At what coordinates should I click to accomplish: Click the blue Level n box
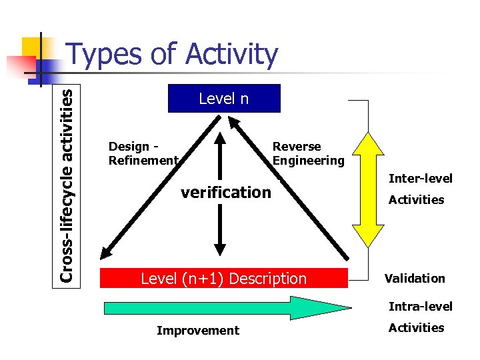pos(223,99)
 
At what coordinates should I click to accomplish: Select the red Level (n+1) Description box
pos(223,278)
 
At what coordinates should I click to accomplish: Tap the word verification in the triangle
pos(226,193)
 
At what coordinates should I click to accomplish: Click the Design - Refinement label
pos(143,153)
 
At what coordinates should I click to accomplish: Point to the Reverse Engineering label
pos(308,153)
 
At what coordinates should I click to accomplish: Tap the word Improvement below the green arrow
pos(197,331)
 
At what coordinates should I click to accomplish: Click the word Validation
pos(414,278)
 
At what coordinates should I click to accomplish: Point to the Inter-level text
pos(420,178)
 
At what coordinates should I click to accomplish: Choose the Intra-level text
pos(420,307)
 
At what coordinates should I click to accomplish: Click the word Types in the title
pos(105,55)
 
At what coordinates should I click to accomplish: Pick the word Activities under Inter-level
pos(416,199)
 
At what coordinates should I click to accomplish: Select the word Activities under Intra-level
pos(416,327)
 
